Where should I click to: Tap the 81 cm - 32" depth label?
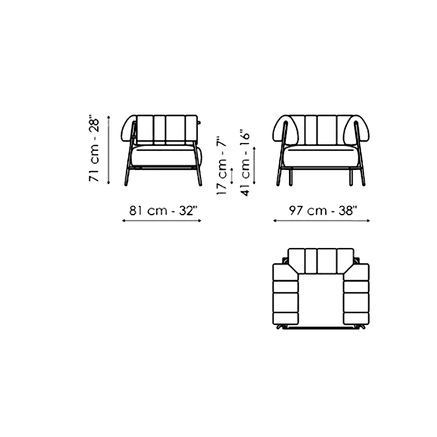163,211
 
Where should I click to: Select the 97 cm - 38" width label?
323,211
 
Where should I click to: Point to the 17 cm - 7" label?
222,166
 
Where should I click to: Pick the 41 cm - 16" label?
245,163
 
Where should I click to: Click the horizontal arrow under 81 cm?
162,221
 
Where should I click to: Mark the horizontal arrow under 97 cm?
321,221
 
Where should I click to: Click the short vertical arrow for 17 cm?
232,176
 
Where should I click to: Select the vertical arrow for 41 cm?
254,166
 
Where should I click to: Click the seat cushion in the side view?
164,156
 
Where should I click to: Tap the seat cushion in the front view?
321,157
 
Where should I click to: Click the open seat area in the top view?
321,300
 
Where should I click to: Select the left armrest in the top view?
285,294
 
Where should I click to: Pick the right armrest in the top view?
357,294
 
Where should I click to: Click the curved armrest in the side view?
128,129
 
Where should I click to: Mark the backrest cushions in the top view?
321,261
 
